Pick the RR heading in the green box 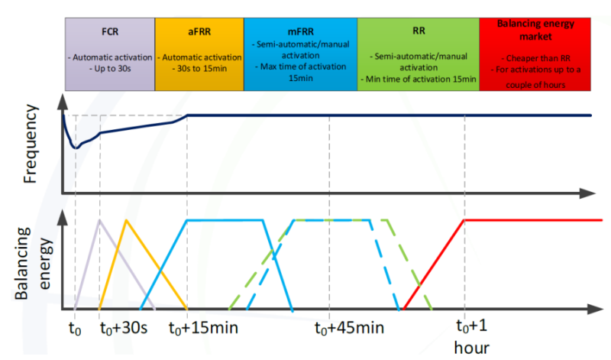418,34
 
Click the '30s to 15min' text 199,69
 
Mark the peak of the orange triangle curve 127,220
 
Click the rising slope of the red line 435,264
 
